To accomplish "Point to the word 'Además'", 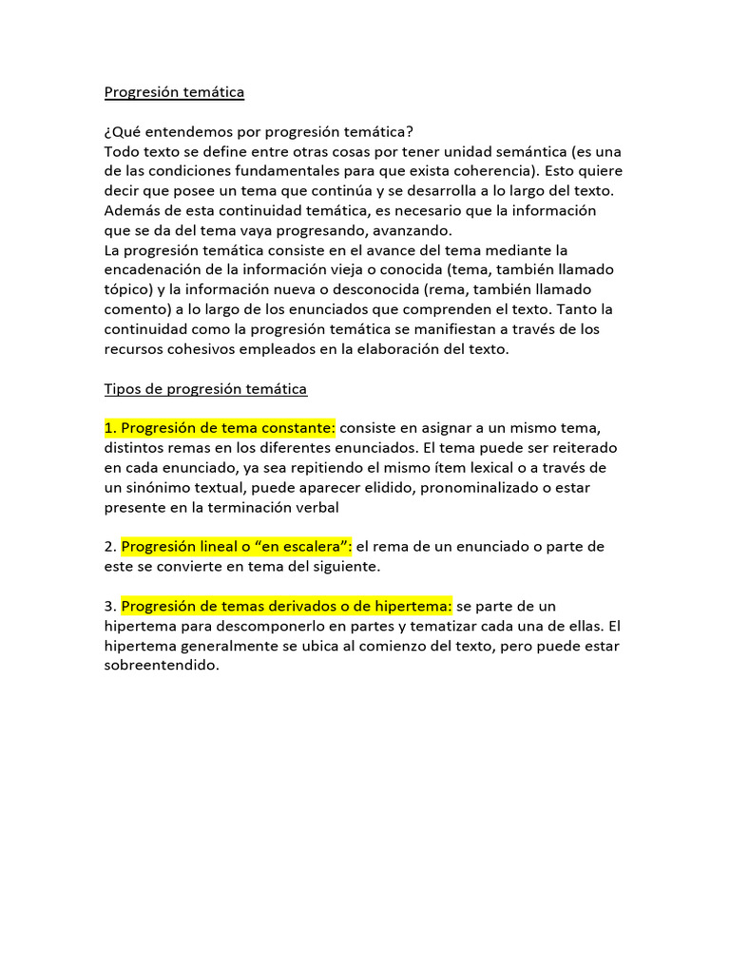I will pyautogui.click(x=134, y=211).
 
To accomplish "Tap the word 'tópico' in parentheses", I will pyautogui.click(x=127, y=289).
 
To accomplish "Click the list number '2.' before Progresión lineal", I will pyautogui.click(x=110, y=547).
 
